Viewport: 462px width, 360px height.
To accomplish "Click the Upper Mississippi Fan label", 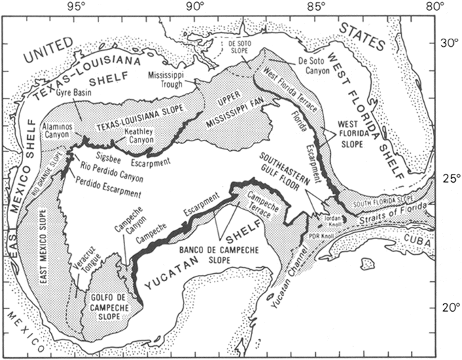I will [x=230, y=105].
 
